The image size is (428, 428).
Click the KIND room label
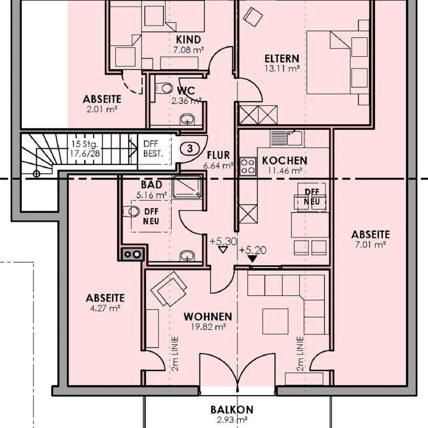tap(188, 40)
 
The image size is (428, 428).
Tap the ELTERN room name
tap(282, 59)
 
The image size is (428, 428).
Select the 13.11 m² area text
tap(282, 68)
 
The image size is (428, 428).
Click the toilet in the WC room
tap(164, 88)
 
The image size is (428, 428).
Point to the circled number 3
tap(190, 148)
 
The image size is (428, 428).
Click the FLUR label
tap(218, 155)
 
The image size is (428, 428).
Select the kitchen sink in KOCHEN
tap(286, 138)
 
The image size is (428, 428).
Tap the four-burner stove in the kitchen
tap(248, 166)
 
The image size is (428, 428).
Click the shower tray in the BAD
tap(187, 187)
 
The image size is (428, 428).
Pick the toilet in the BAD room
tap(131, 211)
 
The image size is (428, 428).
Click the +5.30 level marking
tap(223, 241)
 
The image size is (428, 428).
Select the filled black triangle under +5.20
tap(252, 259)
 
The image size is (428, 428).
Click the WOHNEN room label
tap(208, 317)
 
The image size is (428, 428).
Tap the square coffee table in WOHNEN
tap(275, 321)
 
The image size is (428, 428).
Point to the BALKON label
tap(232, 410)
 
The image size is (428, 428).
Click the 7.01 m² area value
tap(370, 244)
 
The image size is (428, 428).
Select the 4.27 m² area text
tap(105, 308)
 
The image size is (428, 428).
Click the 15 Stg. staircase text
tap(85, 144)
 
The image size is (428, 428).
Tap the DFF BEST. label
tap(153, 148)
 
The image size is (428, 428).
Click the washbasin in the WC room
tap(187, 119)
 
